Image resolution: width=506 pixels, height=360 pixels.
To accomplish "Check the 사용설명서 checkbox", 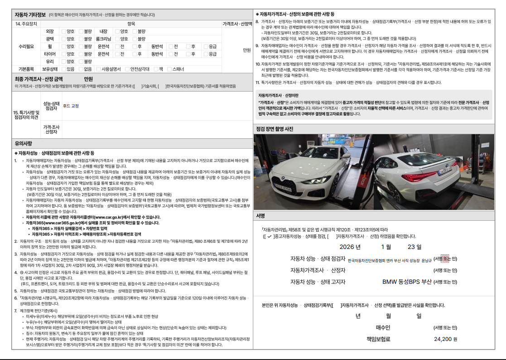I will pos(98,69).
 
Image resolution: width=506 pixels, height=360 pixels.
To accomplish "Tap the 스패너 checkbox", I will pos(169,69).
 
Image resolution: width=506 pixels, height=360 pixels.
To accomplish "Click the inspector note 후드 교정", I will pos(71,106).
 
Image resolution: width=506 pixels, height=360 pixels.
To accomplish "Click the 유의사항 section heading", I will pos(25,143).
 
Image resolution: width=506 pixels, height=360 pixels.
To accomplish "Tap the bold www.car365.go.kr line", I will pos(92,223).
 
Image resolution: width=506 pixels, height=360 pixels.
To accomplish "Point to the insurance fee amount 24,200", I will pos(443,339).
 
